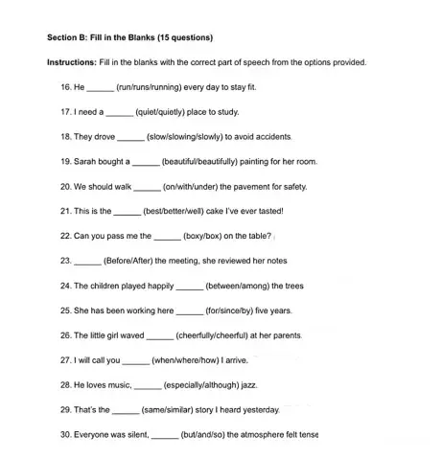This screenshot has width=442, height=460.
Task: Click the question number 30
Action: click(66, 434)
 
